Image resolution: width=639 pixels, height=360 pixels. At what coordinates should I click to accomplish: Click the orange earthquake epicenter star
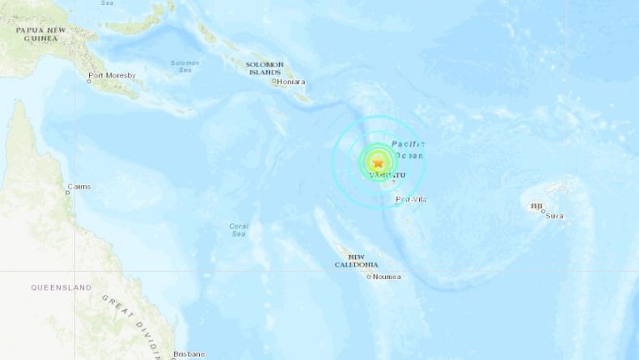[x=377, y=163]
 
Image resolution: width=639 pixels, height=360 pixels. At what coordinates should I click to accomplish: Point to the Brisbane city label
[x=188, y=354]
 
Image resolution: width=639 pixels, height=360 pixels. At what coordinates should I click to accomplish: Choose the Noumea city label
[x=387, y=277]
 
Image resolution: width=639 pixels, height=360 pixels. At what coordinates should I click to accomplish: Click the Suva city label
[x=555, y=216]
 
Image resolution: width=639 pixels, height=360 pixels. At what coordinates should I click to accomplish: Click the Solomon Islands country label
[x=265, y=68]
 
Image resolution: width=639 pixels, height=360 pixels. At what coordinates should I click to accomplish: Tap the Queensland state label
[x=61, y=287]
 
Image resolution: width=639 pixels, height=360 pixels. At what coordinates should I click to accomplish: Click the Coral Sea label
[x=238, y=230]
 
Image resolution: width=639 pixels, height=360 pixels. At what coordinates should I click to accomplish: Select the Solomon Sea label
[x=186, y=66]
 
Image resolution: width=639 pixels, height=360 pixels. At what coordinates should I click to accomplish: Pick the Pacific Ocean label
[x=408, y=150]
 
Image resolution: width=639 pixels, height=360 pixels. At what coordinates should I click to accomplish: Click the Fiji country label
[x=536, y=207]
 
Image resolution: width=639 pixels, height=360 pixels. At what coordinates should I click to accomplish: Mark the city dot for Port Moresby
[x=90, y=82]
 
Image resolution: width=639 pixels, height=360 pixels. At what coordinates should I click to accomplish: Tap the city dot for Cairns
[x=68, y=193]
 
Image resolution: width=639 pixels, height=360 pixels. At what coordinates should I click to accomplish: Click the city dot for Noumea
[x=369, y=277]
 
